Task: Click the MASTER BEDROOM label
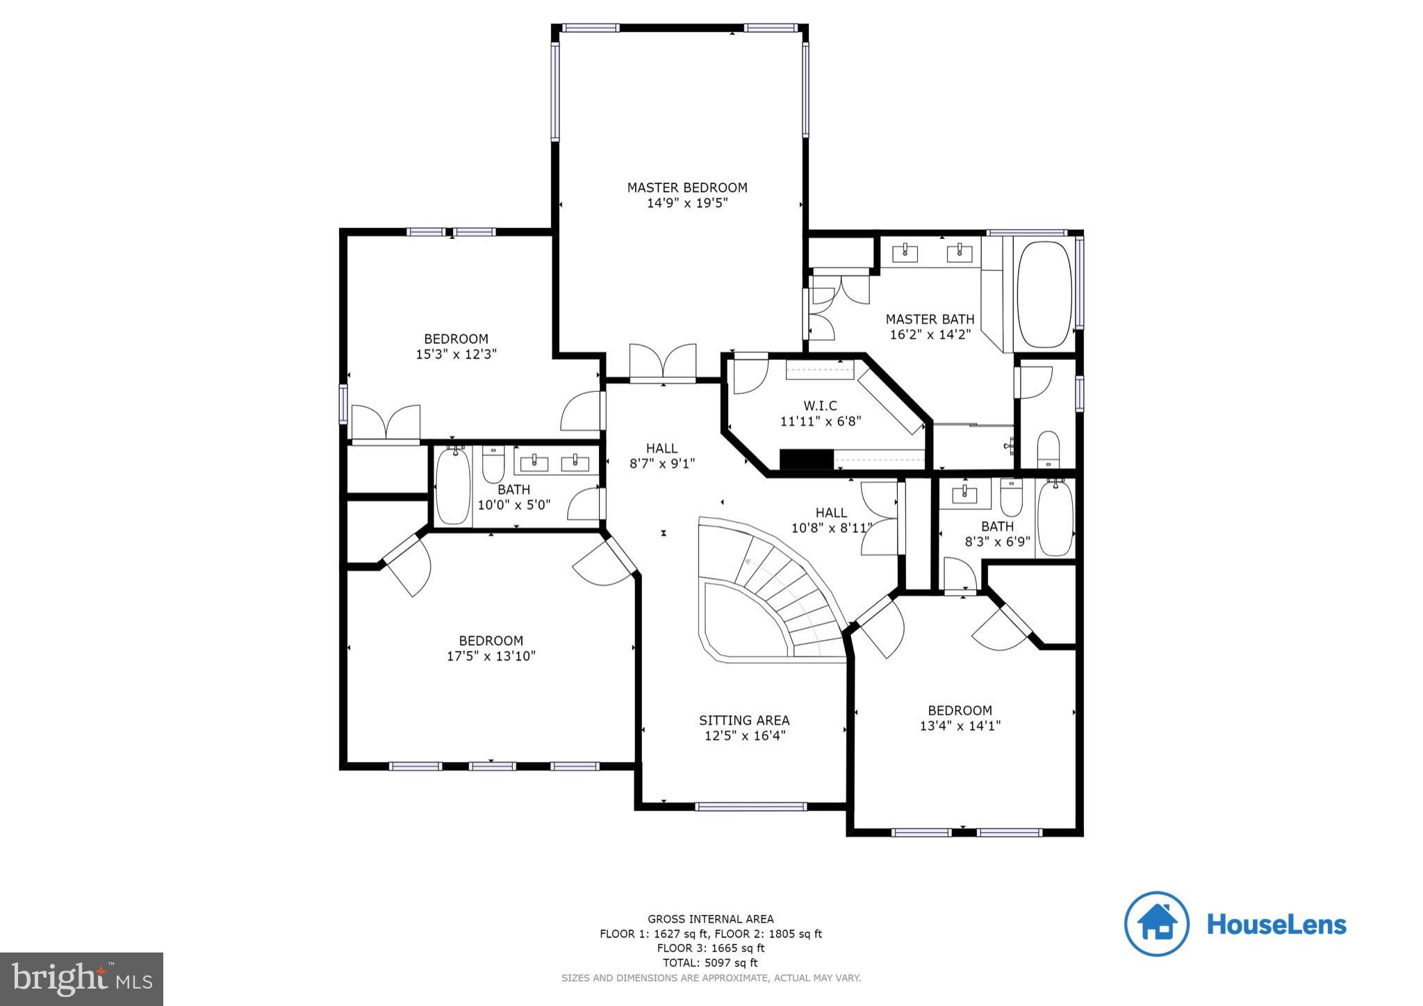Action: (686, 188)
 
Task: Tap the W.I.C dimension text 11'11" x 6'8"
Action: (820, 420)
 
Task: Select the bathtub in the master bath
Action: (1044, 295)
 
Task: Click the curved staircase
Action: (778, 591)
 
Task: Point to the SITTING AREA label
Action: (743, 720)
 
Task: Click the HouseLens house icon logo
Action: (1157, 923)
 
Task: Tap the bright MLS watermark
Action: (81, 979)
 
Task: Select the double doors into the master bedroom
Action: (662, 363)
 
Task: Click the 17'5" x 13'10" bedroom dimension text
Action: (491, 656)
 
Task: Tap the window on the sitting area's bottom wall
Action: (750, 807)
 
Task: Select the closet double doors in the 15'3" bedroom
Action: (386, 424)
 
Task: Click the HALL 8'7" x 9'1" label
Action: (661, 456)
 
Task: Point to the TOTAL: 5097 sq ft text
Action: (710, 963)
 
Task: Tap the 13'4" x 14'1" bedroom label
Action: (960, 718)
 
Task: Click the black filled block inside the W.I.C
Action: (806, 459)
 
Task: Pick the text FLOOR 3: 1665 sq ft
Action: (710, 948)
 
